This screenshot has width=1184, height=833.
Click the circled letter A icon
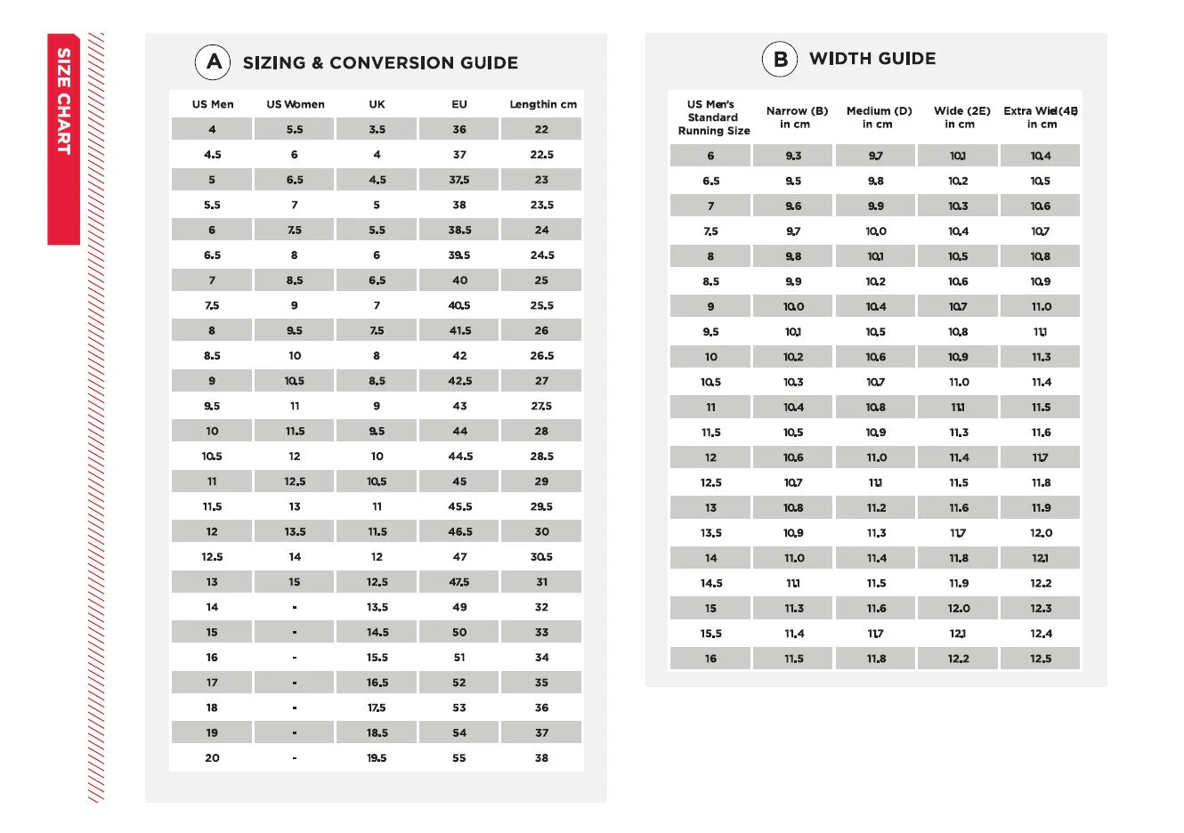coord(213,62)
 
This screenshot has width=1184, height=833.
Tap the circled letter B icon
coord(779,60)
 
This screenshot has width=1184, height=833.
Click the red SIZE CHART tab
coord(63,138)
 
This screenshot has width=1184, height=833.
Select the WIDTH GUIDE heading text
coord(872,59)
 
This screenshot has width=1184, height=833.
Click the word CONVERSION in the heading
coord(391,63)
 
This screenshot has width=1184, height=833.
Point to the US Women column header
coord(296,104)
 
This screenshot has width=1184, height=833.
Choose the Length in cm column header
coord(542,104)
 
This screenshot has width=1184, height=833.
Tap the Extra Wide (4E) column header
coord(1041,117)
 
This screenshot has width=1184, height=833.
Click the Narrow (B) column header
coord(796,117)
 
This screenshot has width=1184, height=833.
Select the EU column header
coord(459,104)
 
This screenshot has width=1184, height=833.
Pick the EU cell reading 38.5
coord(459,230)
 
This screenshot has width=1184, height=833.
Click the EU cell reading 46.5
coord(459,531)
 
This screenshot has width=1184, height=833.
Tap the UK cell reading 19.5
coord(377,758)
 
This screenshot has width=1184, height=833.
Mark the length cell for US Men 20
coord(541,758)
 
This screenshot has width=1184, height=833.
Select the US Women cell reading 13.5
coord(295,531)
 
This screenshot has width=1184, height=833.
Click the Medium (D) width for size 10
coord(876,357)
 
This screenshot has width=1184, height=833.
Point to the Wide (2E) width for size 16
coord(959,659)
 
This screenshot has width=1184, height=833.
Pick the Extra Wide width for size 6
coord(1041,156)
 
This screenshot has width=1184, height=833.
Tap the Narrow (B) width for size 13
coord(793,508)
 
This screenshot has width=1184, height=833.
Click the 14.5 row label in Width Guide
coord(711,584)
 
